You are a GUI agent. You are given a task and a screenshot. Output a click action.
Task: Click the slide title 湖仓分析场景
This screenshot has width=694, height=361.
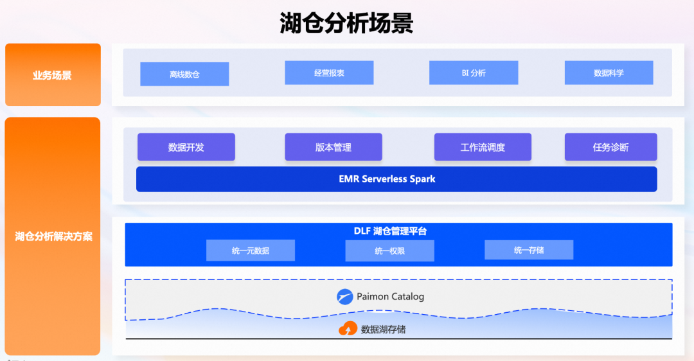(x=346, y=23)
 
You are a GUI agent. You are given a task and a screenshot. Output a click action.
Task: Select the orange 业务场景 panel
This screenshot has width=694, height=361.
(x=53, y=75)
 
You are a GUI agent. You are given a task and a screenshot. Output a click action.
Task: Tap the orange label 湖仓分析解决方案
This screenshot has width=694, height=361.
(x=53, y=236)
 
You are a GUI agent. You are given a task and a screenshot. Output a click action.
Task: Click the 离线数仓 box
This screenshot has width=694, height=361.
(x=184, y=74)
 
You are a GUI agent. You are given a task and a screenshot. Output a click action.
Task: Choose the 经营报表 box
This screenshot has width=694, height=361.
(x=329, y=73)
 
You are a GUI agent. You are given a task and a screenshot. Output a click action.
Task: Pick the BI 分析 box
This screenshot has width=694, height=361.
(x=474, y=73)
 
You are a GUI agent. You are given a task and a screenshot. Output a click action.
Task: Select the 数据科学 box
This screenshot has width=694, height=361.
(x=609, y=73)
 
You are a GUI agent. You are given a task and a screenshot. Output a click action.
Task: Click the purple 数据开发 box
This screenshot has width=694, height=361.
(x=186, y=147)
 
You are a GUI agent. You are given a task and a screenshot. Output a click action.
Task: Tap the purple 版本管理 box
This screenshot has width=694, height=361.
(x=333, y=147)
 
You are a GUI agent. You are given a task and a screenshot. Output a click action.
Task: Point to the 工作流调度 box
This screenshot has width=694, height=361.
(x=483, y=147)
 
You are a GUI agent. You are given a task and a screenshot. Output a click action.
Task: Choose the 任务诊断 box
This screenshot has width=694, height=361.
(x=610, y=147)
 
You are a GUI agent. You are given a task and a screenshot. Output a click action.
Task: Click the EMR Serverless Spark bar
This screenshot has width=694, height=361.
(x=396, y=179)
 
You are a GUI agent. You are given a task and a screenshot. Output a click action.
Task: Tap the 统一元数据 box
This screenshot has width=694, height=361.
(x=250, y=251)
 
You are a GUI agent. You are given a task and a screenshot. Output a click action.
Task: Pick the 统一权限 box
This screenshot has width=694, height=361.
(x=389, y=251)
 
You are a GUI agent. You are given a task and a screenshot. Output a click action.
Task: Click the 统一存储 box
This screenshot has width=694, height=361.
(x=528, y=250)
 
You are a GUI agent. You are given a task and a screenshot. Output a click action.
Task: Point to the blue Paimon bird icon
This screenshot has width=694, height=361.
(x=346, y=297)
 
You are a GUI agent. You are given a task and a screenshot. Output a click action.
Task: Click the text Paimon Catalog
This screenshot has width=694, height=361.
(x=390, y=297)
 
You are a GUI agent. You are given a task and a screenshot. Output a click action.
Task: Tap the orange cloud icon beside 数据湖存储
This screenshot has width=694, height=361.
(x=348, y=329)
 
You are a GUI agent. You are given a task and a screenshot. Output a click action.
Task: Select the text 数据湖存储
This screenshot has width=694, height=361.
(x=383, y=330)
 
